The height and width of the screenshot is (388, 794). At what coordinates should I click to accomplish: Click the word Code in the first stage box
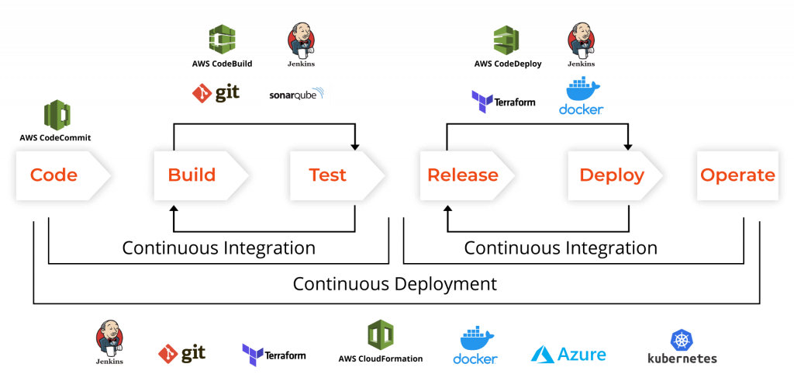54,175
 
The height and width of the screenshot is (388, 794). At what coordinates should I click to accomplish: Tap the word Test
327,175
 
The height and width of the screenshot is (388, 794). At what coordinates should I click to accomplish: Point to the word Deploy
612,175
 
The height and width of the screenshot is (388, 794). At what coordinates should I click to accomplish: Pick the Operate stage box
737,175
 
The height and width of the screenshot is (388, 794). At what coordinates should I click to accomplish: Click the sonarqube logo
297,95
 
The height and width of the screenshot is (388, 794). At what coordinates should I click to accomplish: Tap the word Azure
582,355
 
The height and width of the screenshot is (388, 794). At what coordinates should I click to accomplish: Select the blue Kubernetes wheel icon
682,340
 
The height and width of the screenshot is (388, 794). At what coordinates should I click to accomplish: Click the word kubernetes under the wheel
682,359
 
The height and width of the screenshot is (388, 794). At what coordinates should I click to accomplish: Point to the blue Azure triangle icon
542,355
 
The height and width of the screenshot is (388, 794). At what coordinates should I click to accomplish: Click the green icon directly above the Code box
57,115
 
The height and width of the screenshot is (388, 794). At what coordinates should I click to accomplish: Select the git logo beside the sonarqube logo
216,94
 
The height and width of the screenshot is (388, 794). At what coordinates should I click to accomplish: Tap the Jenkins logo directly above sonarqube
302,45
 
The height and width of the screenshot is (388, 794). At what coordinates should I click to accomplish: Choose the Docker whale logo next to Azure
475,345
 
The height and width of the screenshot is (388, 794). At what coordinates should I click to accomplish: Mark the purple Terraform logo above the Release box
482,102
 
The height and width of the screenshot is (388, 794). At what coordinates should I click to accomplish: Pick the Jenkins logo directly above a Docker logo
582,45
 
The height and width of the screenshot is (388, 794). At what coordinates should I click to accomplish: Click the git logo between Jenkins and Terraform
182,355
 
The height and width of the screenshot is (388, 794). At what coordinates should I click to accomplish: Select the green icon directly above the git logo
223,39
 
